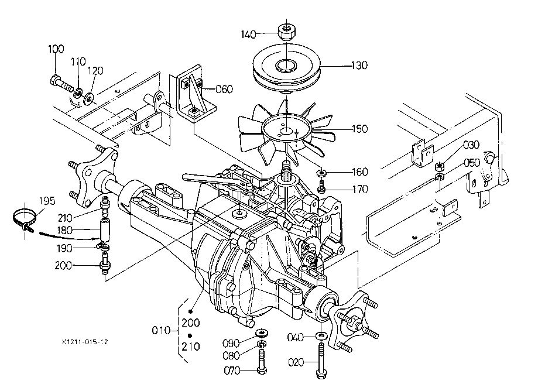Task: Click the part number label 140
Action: point(248,35)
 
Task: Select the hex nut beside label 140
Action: point(286,32)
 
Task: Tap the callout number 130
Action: point(359,65)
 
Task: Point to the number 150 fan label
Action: point(360,129)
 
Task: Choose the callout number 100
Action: point(56,49)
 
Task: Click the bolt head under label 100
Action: point(54,81)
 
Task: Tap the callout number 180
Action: point(64,230)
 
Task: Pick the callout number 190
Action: point(64,248)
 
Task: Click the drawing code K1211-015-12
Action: point(85,342)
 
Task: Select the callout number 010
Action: point(161,331)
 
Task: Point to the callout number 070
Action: point(232,371)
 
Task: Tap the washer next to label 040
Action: point(321,335)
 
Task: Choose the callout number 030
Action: point(471,145)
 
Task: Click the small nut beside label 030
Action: point(440,167)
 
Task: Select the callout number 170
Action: point(360,189)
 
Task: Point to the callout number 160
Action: point(360,172)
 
